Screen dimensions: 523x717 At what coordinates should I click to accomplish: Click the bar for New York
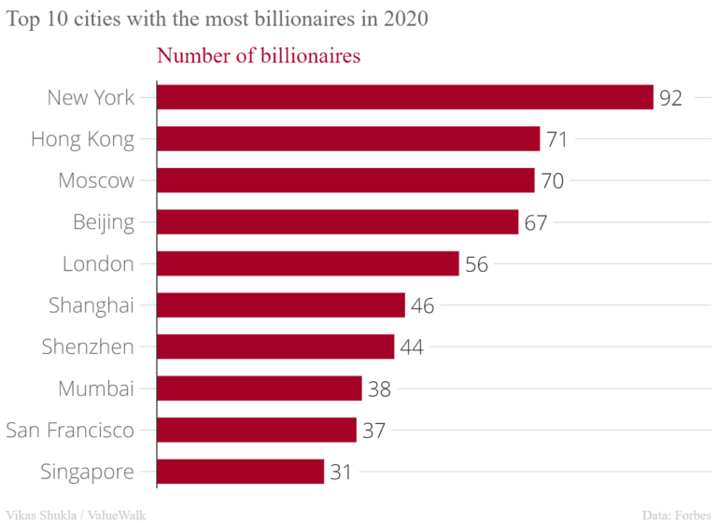pos(404,97)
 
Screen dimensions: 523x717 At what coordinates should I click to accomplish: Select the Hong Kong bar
pos(348,139)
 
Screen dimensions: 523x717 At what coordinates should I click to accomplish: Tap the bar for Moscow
pos(345,180)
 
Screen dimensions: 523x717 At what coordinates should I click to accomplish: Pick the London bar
pos(307,263)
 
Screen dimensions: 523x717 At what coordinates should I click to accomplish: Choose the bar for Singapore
pos(240,472)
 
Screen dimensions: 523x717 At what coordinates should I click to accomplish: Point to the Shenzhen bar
pos(275,346)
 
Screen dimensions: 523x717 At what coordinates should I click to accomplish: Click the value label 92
pos(670,98)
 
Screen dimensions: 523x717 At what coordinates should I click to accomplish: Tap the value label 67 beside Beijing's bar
pos(535,223)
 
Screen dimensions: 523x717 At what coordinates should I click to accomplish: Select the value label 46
pos(423,306)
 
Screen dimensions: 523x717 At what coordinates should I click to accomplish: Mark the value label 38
pos(379,389)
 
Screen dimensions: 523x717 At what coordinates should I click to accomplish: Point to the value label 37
pos(373,431)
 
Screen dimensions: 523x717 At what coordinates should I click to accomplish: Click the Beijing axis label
pos(104,222)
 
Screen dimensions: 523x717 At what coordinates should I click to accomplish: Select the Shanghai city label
pos(91,305)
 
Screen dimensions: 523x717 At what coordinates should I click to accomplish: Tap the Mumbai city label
pos(96,389)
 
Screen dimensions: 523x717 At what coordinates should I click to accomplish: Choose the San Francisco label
pos(70,430)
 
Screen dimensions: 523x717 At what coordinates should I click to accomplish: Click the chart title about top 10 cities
pos(218,20)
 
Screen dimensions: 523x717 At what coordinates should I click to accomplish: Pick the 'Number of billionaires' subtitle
pos(259,56)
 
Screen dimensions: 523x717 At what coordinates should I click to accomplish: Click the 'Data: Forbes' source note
pos(676,514)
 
